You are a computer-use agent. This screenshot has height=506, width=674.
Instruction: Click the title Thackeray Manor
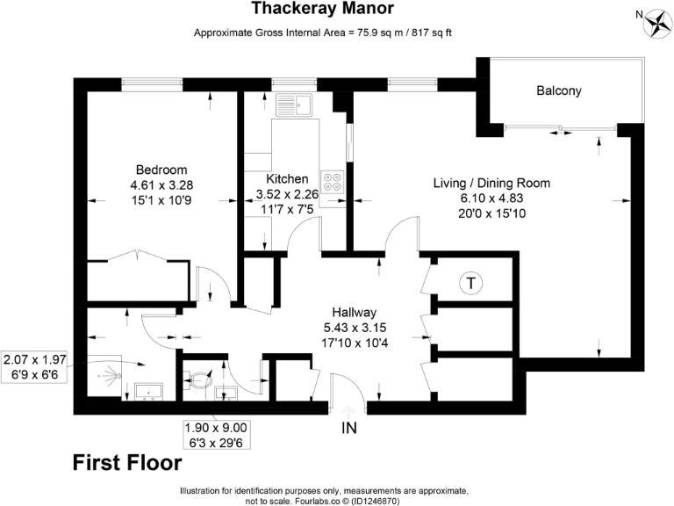[322, 10]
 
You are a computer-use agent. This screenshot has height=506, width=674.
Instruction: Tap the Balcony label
[559, 90]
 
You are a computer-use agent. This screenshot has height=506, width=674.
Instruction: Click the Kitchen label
[286, 178]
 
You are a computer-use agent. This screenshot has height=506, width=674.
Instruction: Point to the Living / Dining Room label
[491, 184]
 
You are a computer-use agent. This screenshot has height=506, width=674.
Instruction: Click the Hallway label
[354, 312]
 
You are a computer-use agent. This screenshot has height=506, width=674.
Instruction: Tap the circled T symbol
[471, 283]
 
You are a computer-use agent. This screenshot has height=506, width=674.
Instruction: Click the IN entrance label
[349, 430]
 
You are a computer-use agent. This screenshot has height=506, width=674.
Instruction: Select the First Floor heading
[126, 461]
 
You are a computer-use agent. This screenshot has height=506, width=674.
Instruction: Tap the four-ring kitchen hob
[333, 182]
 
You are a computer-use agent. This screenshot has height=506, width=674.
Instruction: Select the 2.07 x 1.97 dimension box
[36, 359]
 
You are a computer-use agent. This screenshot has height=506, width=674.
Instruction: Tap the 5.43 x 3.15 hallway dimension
[354, 328]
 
